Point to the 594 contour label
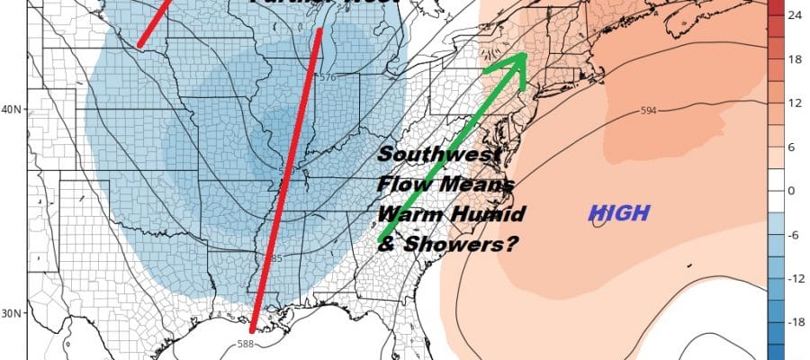coord(649,111)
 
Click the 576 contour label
coord(327,77)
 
